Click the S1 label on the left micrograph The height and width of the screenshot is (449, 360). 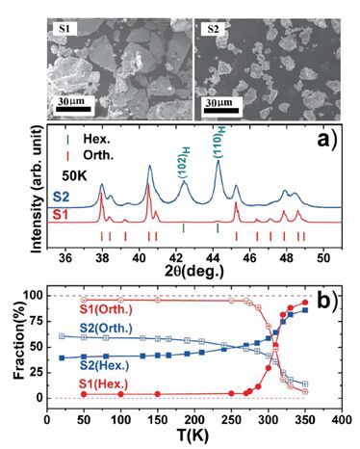click(x=64, y=29)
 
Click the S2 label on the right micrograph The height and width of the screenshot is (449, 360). click(x=213, y=29)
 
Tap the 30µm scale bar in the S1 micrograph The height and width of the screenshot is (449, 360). click(x=73, y=109)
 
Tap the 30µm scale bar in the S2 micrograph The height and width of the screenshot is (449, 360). click(x=221, y=110)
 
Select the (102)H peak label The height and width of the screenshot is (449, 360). click(x=184, y=164)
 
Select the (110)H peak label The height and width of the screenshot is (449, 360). click(x=219, y=143)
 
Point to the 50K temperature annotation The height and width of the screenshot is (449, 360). click(x=74, y=175)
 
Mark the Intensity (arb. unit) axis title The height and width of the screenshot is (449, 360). click(x=38, y=190)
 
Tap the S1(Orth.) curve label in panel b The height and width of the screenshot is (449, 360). click(x=102, y=310)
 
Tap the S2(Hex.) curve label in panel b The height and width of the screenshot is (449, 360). click(x=105, y=366)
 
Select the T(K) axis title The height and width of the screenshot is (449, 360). click(x=193, y=436)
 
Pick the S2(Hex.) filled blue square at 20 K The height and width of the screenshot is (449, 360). click(x=62, y=357)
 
